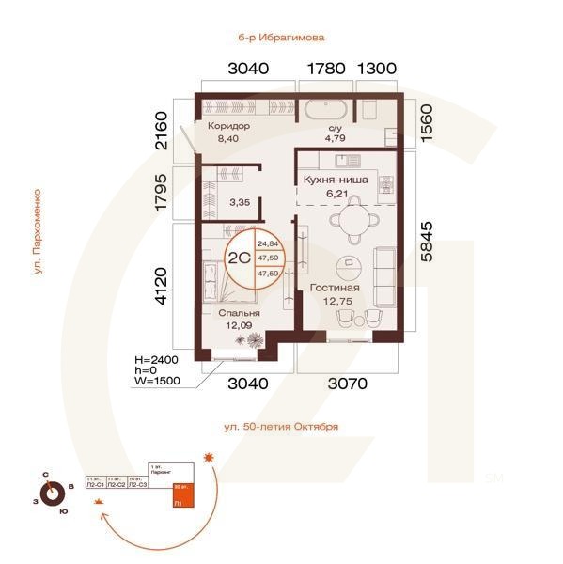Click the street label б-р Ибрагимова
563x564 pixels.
281,38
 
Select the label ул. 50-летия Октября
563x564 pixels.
281,427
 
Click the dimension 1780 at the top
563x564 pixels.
329,69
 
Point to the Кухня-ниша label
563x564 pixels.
336,179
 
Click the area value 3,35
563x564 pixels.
239,201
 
